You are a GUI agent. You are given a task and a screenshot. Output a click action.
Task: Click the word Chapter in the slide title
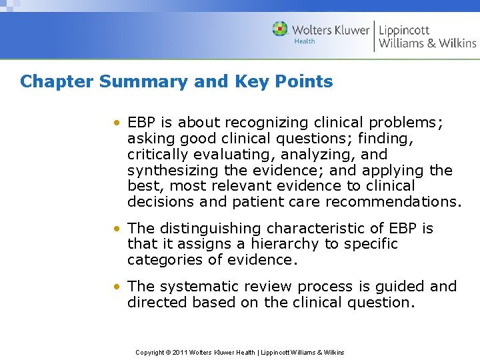coord(56,82)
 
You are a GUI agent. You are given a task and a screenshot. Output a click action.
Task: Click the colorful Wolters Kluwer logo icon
coord(281,29)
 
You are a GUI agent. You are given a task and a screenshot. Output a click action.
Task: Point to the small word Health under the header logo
coord(305,41)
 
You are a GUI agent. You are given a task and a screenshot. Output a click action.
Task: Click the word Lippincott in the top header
coord(405,29)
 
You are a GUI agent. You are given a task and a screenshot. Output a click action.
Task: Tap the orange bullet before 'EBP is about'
coord(117,123)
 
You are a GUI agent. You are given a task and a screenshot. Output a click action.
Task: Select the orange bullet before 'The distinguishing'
coord(117,229)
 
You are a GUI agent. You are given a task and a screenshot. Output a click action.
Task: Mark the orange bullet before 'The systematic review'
coord(117,287)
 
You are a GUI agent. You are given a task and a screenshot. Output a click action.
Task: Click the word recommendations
coord(399,202)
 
